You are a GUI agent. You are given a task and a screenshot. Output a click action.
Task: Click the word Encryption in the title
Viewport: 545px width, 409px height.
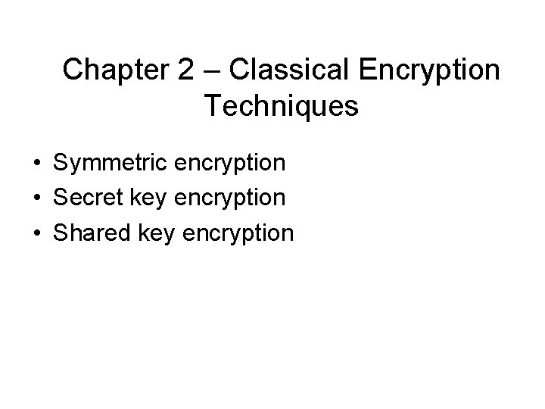429,72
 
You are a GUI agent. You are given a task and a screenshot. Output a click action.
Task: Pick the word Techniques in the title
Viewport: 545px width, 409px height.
281,107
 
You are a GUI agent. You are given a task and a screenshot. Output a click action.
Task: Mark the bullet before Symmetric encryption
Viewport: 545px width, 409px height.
36,164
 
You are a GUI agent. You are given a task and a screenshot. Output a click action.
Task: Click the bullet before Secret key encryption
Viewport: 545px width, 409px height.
36,198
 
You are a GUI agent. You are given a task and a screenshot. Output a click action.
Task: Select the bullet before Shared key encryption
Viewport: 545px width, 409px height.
36,233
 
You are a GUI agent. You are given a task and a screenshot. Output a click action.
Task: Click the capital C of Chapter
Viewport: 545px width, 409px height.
73,70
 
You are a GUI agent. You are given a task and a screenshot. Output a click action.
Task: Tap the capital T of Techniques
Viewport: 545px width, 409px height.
212,106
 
